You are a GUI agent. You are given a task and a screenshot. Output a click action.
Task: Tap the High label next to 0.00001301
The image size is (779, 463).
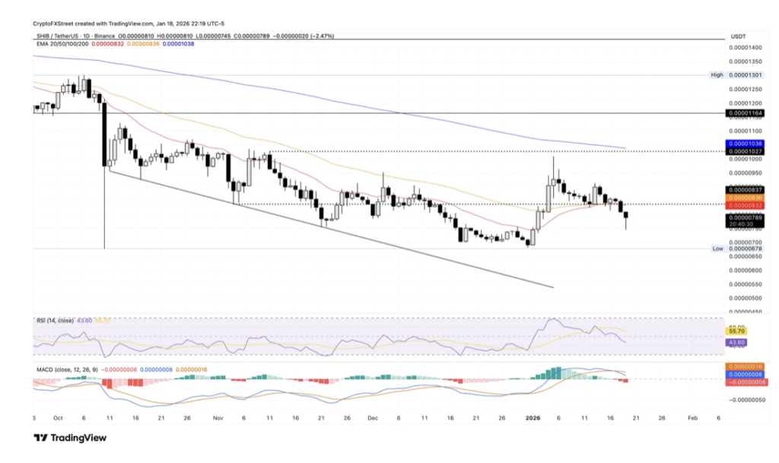click(x=716, y=75)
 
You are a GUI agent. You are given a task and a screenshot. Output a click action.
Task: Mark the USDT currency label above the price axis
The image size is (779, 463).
click(x=738, y=36)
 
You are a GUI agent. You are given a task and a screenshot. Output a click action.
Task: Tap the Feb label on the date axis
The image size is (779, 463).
click(x=692, y=418)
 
